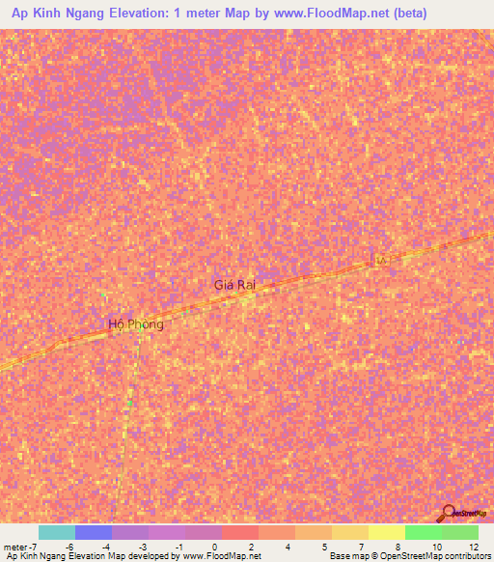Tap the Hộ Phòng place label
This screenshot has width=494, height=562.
click(x=136, y=324)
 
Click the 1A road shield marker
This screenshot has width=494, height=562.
click(x=380, y=261)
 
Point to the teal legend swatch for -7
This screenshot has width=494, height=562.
click(x=56, y=532)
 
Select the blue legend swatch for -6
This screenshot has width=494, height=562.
click(x=93, y=532)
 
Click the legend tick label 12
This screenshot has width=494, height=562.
click(x=473, y=547)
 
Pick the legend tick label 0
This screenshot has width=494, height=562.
click(x=215, y=547)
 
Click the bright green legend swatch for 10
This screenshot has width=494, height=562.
click(x=423, y=532)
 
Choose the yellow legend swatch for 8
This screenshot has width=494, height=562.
click(x=386, y=532)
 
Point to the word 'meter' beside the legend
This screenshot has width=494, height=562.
click(x=17, y=547)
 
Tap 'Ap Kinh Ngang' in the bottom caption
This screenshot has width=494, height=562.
click(x=34, y=556)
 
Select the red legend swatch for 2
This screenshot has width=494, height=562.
click(x=239, y=532)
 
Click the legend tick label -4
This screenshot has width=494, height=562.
click(x=105, y=547)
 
